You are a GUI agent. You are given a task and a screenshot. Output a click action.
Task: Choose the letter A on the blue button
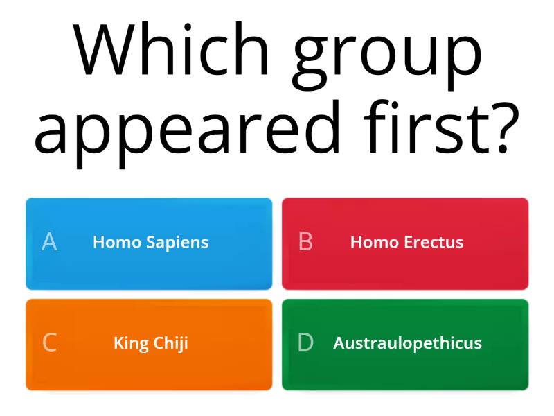click(x=49, y=242)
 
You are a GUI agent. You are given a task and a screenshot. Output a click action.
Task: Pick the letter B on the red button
click(x=305, y=242)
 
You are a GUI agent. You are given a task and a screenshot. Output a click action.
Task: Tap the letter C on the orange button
click(x=49, y=343)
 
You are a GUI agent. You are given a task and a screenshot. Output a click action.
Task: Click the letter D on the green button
click(x=305, y=343)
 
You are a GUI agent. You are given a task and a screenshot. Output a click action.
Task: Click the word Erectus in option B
click(x=436, y=242)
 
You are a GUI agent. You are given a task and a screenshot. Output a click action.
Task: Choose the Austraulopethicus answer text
click(x=407, y=343)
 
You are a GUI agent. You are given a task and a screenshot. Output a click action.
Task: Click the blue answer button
click(x=149, y=270)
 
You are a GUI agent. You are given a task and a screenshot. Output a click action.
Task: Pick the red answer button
click(x=405, y=270)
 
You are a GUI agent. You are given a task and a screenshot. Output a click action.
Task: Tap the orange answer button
click(x=149, y=371)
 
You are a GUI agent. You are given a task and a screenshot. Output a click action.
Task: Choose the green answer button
click(x=405, y=371)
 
